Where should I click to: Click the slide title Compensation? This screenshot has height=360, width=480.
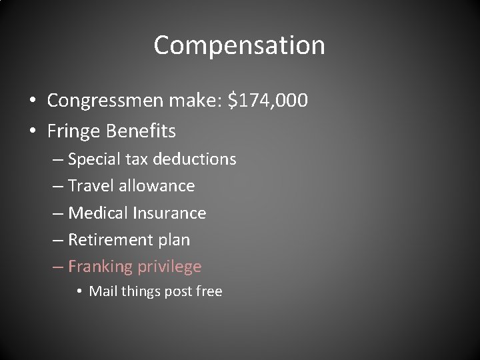[x=239, y=45]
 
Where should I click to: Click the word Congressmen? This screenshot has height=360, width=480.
[x=103, y=101]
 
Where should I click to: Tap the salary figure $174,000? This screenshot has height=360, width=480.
[x=267, y=101]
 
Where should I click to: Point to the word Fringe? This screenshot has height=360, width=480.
[x=73, y=131]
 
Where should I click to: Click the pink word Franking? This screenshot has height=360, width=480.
[x=101, y=267]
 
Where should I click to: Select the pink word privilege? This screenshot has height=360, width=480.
[x=169, y=267]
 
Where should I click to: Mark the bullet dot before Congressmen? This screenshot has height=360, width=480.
[x=33, y=102]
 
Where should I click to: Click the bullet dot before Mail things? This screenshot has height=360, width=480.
[x=79, y=292]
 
